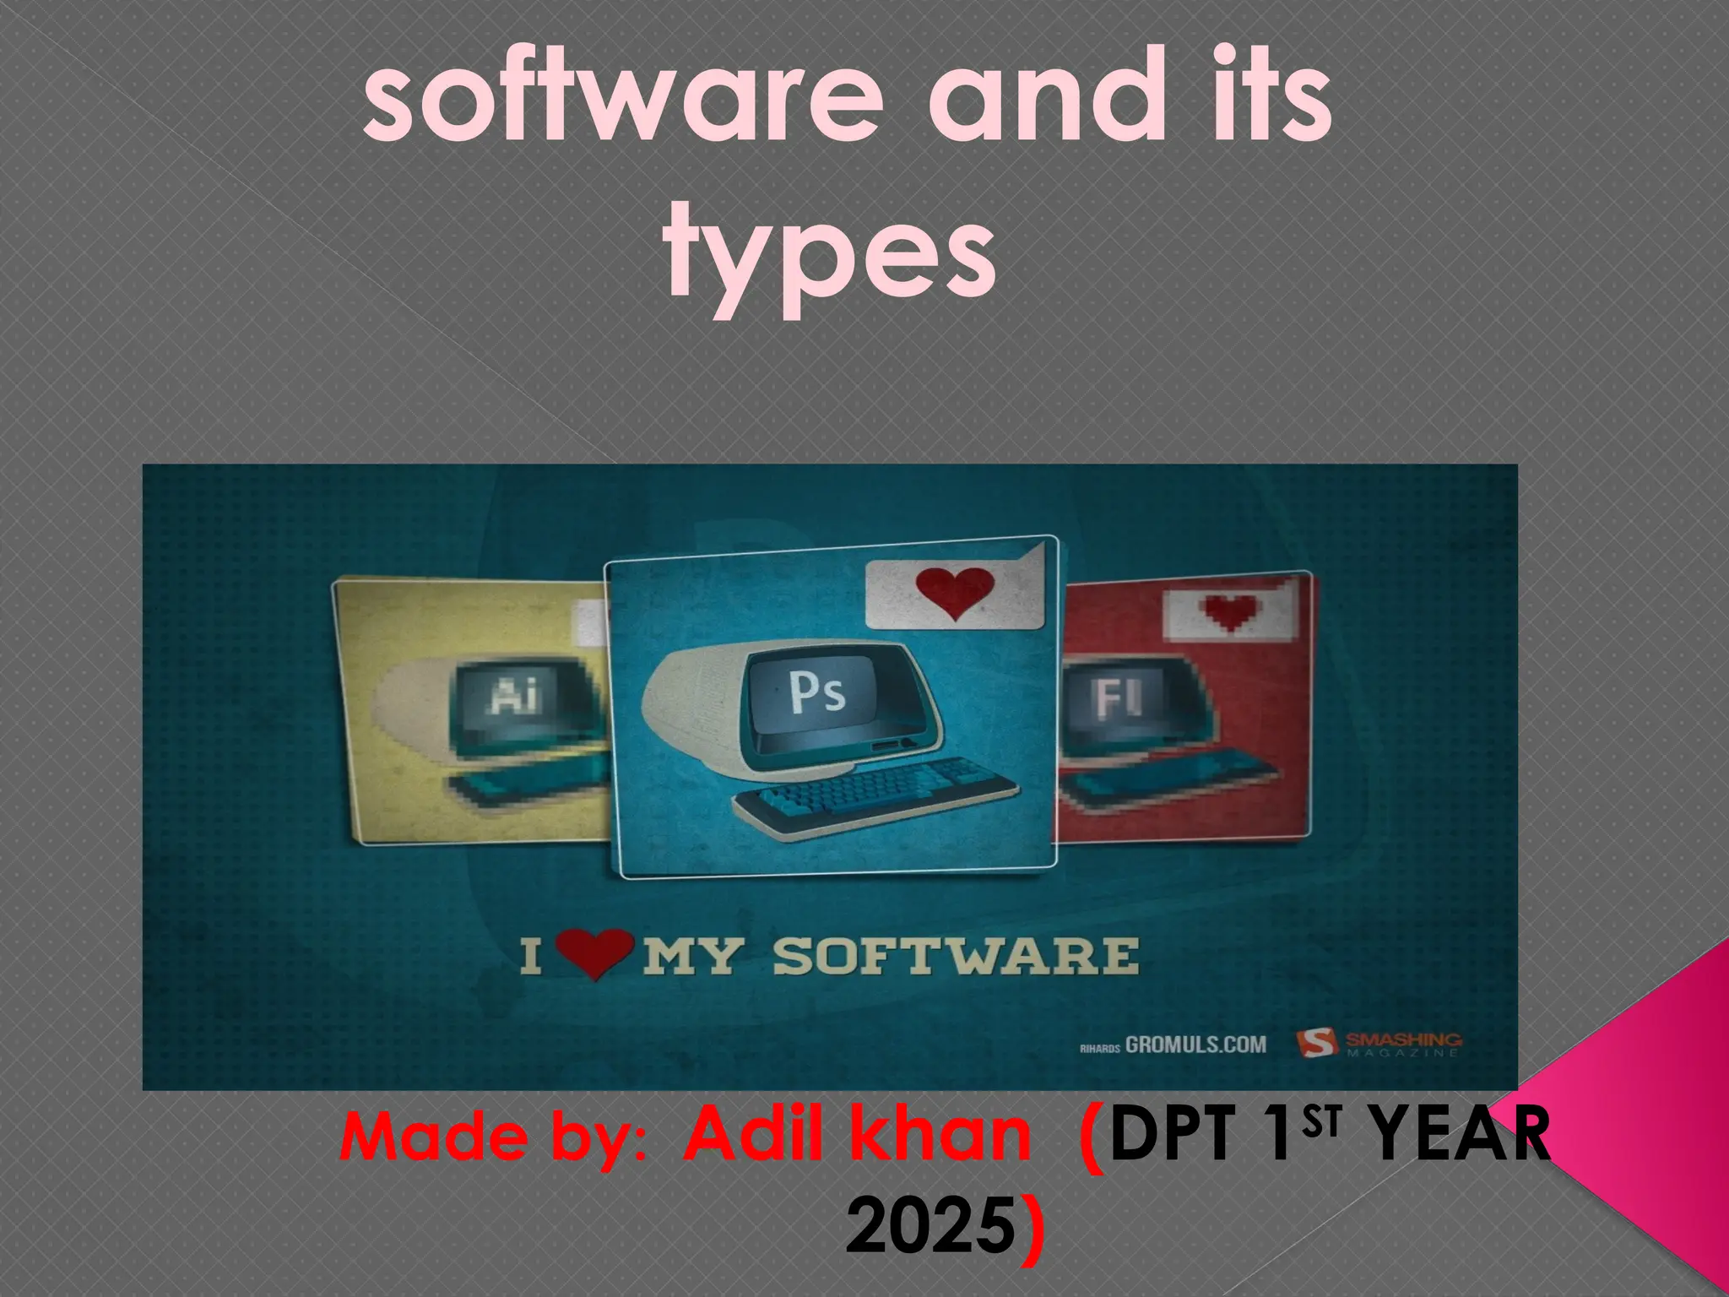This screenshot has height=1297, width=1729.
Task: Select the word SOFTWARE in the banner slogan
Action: [956, 956]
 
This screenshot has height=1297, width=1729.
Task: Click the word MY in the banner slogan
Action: [696, 956]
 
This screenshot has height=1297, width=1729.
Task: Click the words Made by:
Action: [492, 1139]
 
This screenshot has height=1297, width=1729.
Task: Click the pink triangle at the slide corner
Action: [1655, 1123]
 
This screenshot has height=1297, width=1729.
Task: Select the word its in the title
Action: [1257, 110]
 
